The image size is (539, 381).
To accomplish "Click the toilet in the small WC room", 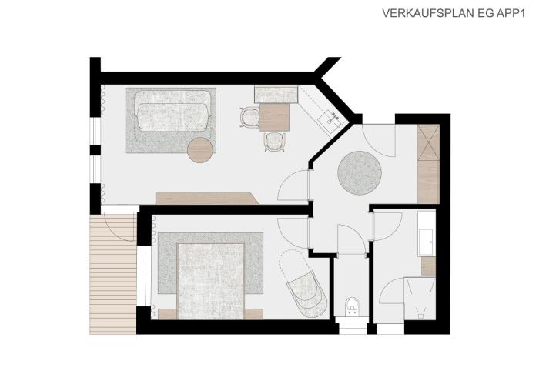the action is [x=352, y=306].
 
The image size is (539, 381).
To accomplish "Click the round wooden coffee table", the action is [x=200, y=150].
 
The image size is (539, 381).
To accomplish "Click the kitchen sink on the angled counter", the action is [x=330, y=119].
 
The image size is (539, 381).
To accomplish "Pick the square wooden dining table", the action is [x=274, y=117].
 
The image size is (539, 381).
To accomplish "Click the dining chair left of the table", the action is [x=249, y=118].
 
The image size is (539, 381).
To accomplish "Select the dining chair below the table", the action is [x=275, y=142].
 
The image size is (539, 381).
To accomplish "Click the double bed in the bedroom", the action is [x=210, y=281].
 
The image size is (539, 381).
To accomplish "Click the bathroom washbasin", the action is [x=427, y=242].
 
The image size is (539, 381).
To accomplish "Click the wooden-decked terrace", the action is [x=112, y=273].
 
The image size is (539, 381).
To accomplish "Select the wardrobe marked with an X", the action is [x=428, y=142].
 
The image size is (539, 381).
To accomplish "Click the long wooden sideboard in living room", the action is [x=207, y=199].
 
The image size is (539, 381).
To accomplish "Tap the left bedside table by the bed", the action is [x=167, y=314].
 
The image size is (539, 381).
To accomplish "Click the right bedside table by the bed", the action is [x=253, y=314].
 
